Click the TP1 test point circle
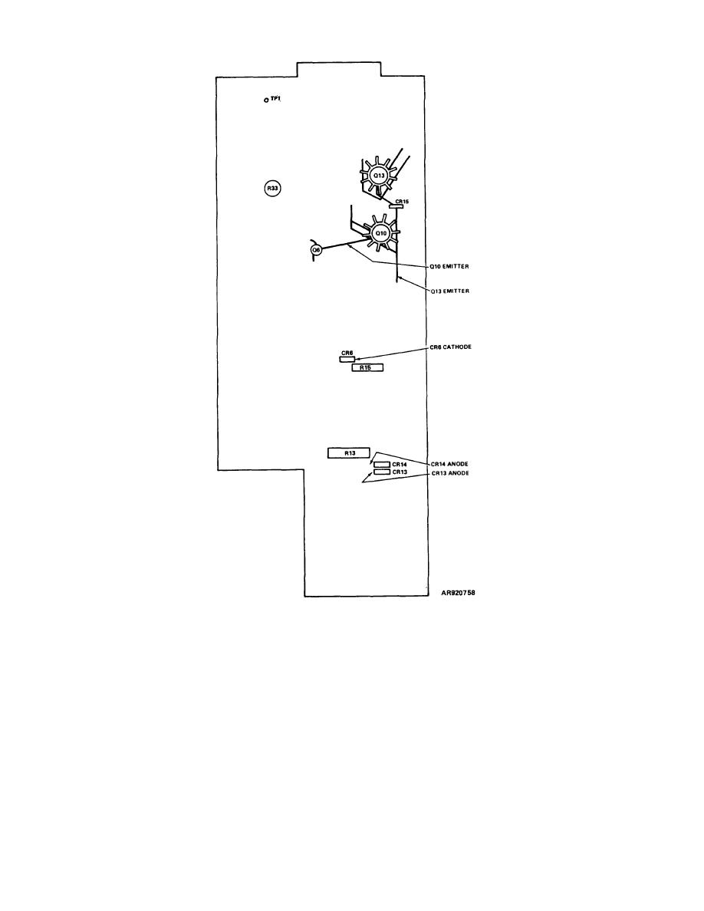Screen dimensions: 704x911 pyautogui.click(x=266, y=100)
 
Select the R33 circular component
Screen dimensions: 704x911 pyautogui.click(x=272, y=188)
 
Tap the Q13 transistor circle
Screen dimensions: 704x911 pyautogui.click(x=379, y=175)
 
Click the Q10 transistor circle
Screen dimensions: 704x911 pyautogui.click(x=380, y=233)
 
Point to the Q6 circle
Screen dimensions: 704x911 pyautogui.click(x=316, y=249)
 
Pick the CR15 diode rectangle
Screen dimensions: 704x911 pyautogui.click(x=396, y=206)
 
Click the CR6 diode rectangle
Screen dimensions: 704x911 pyautogui.click(x=347, y=359)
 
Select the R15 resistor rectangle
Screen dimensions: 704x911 pyautogui.click(x=367, y=367)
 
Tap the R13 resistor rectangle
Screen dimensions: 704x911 pyautogui.click(x=348, y=453)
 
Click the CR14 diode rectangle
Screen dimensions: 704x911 pyautogui.click(x=382, y=465)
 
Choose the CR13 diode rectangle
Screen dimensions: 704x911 pyautogui.click(x=382, y=472)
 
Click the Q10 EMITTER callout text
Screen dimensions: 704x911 pyautogui.click(x=449, y=267)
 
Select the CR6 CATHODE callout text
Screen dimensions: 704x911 pyautogui.click(x=451, y=347)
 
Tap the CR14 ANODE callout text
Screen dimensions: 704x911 pyautogui.click(x=449, y=464)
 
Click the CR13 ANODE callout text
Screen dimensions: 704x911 pyautogui.click(x=450, y=473)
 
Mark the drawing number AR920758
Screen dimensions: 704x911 pyautogui.click(x=459, y=594)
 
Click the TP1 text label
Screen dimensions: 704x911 pyautogui.click(x=275, y=99)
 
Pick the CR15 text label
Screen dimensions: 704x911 pyautogui.click(x=402, y=201)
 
